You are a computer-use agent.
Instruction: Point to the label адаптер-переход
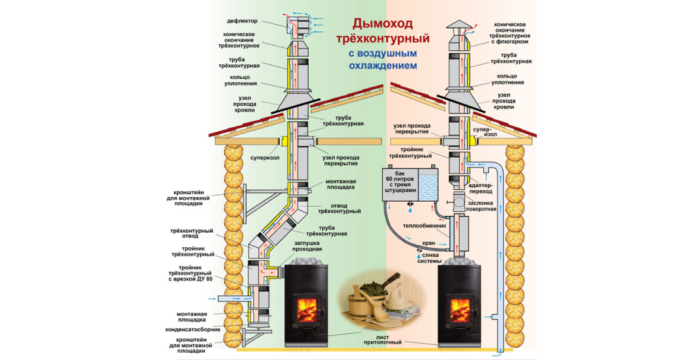[483, 188]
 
